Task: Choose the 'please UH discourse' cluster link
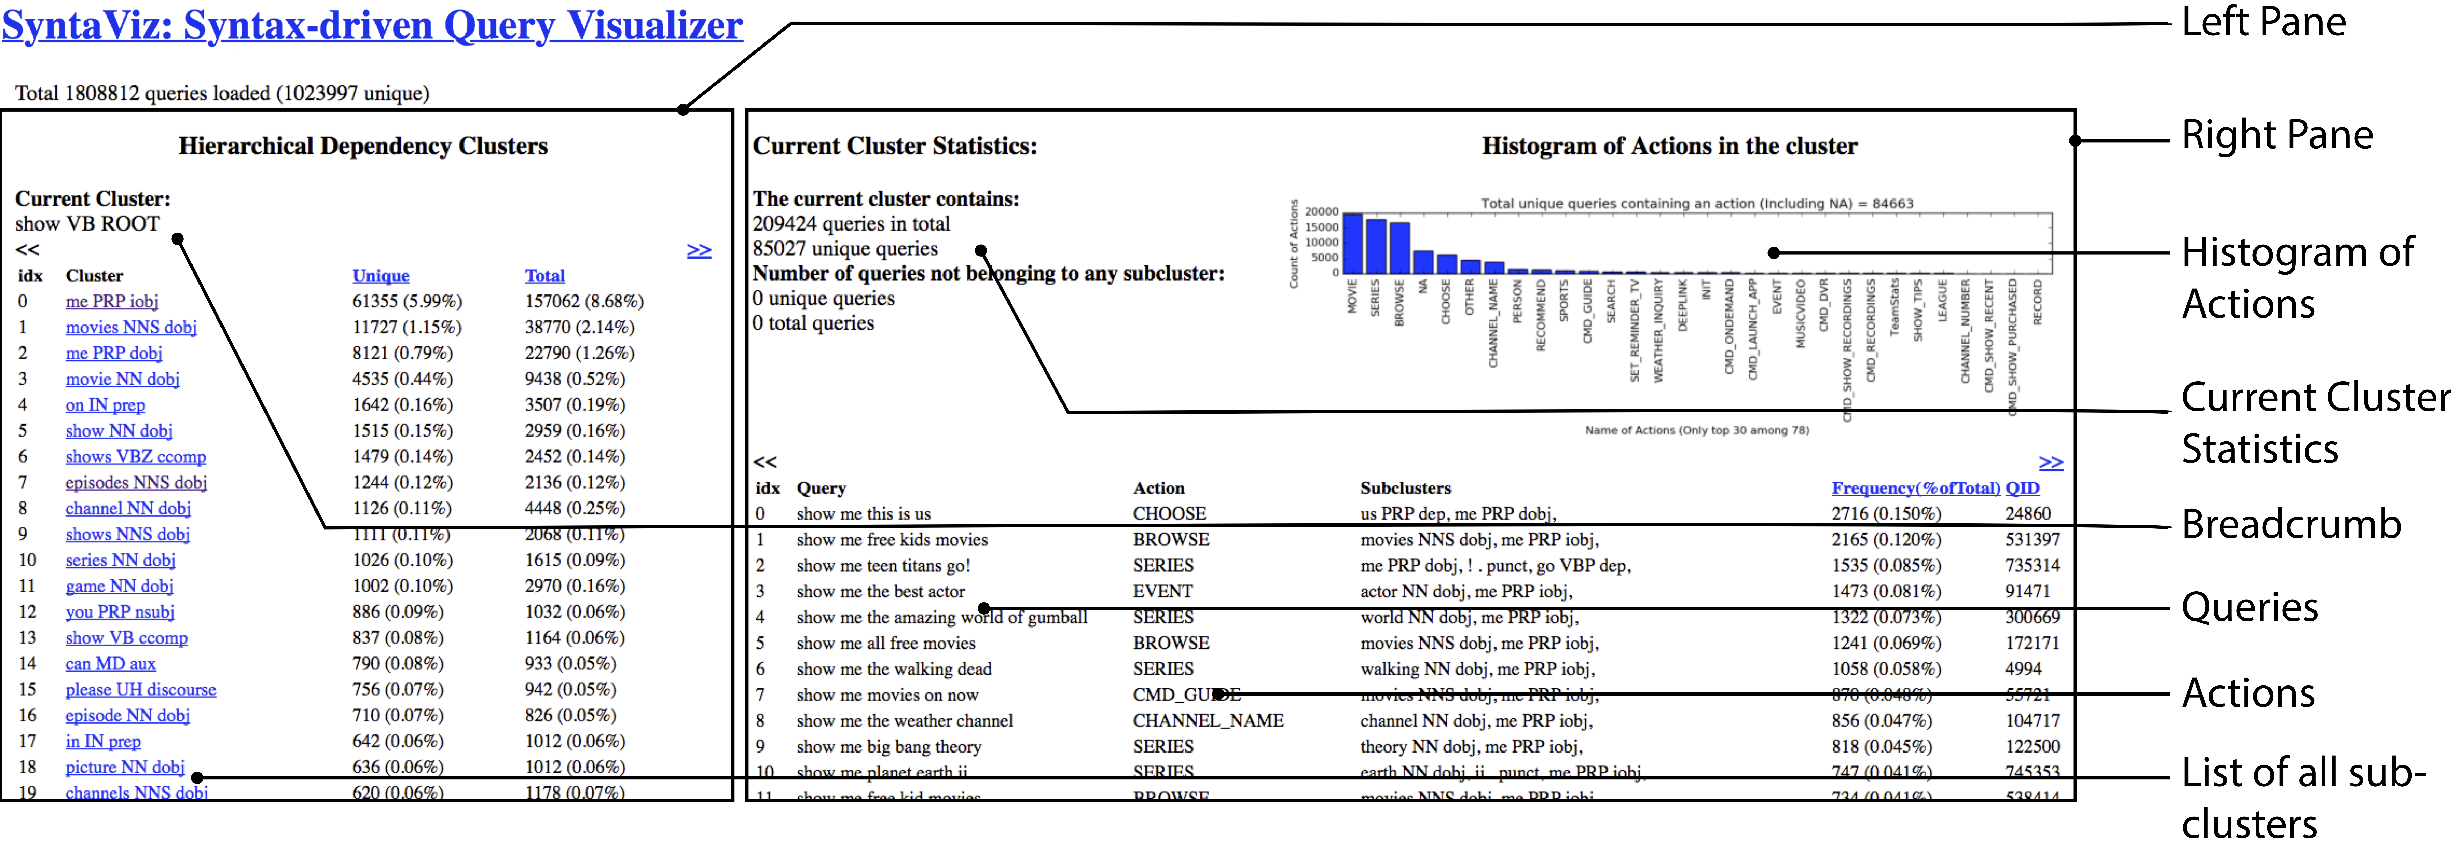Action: [140, 690]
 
